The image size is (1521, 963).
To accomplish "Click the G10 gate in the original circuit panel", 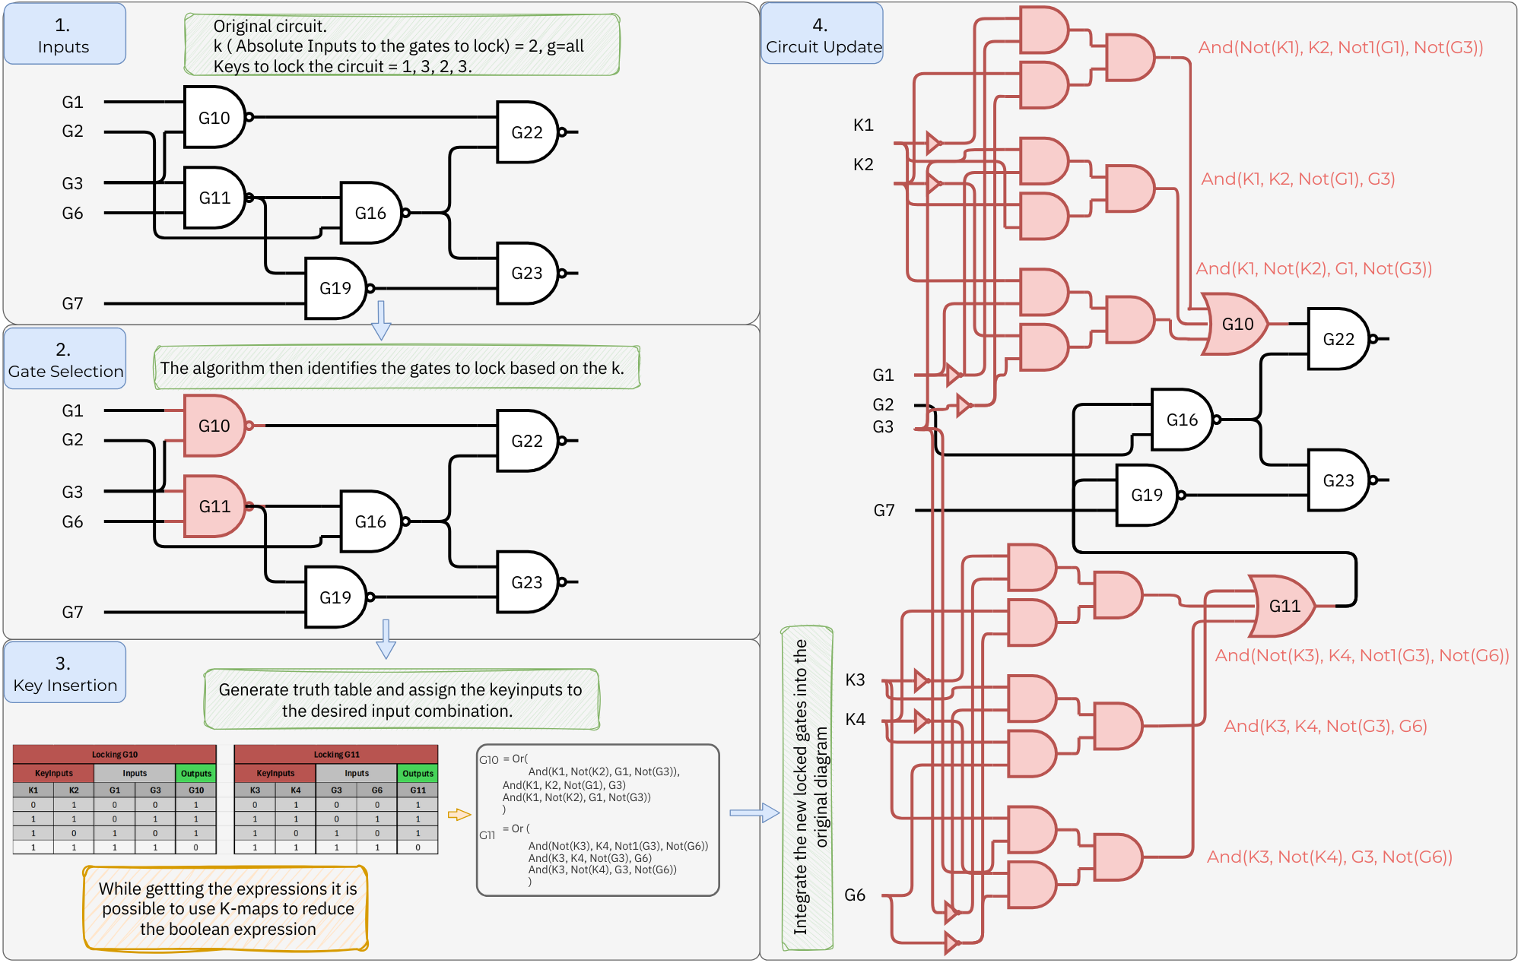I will pyautogui.click(x=214, y=117).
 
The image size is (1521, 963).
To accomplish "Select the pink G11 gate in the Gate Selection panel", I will pyautogui.click(x=214, y=506).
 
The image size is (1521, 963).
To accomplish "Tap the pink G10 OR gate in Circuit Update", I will pyautogui.click(x=1237, y=324).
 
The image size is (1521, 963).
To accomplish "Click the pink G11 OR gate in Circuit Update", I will pyautogui.click(x=1284, y=606).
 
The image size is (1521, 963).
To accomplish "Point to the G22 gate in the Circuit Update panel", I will pyautogui.click(x=1338, y=339).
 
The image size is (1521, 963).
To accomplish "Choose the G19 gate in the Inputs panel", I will pyautogui.click(x=335, y=288).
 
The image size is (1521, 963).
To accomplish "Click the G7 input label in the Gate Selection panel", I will pyautogui.click(x=72, y=612).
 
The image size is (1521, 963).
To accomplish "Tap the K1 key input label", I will pyautogui.click(x=862, y=125).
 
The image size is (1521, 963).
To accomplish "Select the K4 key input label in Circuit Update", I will pyautogui.click(x=855, y=719).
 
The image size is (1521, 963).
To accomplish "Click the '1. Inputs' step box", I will pyautogui.click(x=64, y=35).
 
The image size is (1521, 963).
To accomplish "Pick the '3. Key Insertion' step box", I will pyautogui.click(x=65, y=673).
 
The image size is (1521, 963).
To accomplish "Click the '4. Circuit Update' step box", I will pyautogui.click(x=822, y=35).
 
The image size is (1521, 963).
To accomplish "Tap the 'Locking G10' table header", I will pyautogui.click(x=115, y=754).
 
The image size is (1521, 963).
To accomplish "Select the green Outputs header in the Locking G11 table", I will pyautogui.click(x=418, y=773).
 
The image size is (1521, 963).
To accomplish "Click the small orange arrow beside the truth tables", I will pyautogui.click(x=459, y=814).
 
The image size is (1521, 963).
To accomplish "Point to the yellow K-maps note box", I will pyautogui.click(x=227, y=908).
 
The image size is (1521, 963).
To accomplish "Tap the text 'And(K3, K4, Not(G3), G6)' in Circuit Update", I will pyautogui.click(x=1325, y=726).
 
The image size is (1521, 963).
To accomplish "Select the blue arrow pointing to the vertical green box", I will pyautogui.click(x=754, y=813).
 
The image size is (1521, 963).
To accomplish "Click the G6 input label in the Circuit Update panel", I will pyautogui.click(x=854, y=895).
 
